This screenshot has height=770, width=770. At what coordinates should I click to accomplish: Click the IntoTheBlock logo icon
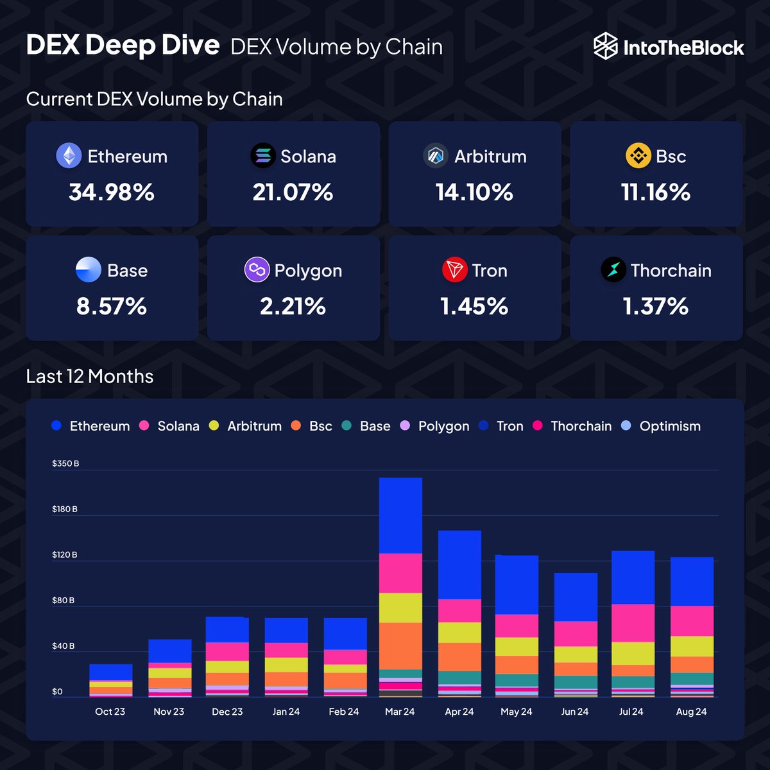(605, 47)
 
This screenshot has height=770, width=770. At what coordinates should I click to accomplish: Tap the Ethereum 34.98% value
(112, 192)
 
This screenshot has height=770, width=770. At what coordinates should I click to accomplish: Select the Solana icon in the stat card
(262, 156)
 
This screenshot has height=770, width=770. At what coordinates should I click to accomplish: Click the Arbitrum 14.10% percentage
(474, 192)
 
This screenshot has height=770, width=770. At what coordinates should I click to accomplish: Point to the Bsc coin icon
(638, 156)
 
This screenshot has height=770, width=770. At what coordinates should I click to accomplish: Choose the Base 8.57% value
(112, 306)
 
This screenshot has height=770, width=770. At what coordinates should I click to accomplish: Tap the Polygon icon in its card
(257, 270)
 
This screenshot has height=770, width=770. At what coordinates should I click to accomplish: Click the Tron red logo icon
(455, 270)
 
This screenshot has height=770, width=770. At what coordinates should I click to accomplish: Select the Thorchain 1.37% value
(655, 306)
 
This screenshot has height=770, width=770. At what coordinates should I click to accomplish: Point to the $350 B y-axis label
(65, 463)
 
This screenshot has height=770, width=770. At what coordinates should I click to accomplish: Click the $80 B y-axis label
(63, 601)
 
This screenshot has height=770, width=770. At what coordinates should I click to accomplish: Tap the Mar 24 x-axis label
(400, 712)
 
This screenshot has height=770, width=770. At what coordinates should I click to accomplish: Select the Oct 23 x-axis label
(110, 712)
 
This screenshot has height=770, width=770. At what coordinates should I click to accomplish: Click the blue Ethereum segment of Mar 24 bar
(400, 515)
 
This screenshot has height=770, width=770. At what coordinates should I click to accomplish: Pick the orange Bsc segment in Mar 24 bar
(400, 646)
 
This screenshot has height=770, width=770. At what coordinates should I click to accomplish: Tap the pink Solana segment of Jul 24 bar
(633, 622)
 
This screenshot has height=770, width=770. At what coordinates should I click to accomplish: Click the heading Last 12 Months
(90, 376)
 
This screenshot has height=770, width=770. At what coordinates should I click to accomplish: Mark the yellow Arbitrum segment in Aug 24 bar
(692, 646)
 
